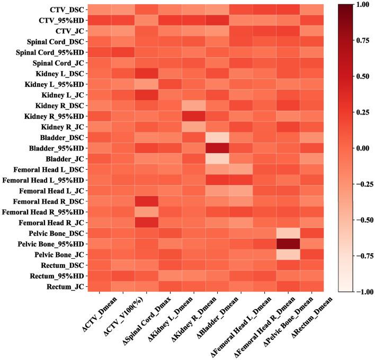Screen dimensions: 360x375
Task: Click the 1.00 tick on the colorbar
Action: point(362,5)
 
